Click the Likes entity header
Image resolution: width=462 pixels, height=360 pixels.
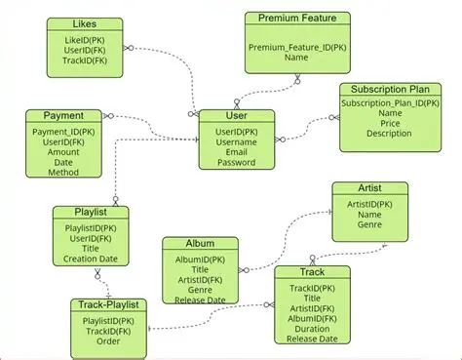[x=85, y=22]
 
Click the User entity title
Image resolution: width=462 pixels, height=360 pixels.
[x=237, y=115]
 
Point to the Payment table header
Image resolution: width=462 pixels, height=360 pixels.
[x=63, y=116]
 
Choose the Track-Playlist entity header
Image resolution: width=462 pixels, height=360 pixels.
[x=109, y=305]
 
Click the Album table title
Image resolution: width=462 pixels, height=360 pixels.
[x=200, y=243]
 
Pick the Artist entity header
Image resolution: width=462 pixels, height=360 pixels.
[x=370, y=187]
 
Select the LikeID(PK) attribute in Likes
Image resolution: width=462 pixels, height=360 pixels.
[x=85, y=39]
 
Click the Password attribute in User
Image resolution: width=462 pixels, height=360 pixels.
[x=237, y=163]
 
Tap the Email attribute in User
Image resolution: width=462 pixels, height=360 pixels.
[x=237, y=152]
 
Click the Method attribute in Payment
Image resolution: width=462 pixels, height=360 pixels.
[x=63, y=172]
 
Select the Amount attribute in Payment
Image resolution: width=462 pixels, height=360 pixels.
[x=63, y=151]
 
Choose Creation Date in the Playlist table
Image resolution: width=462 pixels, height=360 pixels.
[x=91, y=259]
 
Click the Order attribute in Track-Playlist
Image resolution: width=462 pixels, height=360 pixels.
[x=109, y=341]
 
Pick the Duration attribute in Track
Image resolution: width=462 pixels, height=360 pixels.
[x=313, y=329]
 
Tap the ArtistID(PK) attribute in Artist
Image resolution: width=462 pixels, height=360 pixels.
[x=370, y=204]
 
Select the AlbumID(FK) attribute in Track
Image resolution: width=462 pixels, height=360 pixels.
[x=313, y=318]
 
